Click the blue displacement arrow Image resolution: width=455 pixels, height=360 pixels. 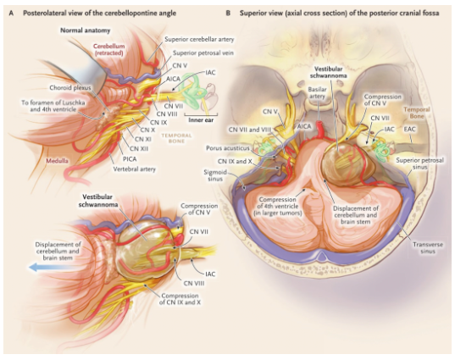pyautogui.click(x=50, y=267)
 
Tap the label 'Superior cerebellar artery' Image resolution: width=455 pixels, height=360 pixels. pyautogui.click(x=199, y=39)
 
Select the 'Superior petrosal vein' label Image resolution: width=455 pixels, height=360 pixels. pyautogui.click(x=203, y=53)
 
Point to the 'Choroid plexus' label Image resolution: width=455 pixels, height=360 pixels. pyautogui.click(x=70, y=87)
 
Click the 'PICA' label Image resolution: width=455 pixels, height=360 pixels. pyautogui.click(x=130, y=159)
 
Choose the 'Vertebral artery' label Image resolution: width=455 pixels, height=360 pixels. pyautogui.click(x=135, y=169)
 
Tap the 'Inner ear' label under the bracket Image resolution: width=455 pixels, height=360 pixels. pyautogui.click(x=201, y=120)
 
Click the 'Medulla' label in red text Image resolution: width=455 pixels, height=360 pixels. pyautogui.click(x=57, y=160)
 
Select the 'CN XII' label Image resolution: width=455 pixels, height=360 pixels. pyautogui.click(x=139, y=148)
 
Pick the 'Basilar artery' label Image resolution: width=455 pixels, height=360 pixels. pyautogui.click(x=317, y=92)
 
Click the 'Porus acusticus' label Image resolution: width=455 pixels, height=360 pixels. pyautogui.click(x=227, y=148)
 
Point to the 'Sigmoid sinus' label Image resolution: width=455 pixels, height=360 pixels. pyautogui.click(x=215, y=175)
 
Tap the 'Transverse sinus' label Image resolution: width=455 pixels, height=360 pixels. pyautogui.click(x=428, y=248)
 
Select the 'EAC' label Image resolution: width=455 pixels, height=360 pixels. pyautogui.click(x=410, y=129)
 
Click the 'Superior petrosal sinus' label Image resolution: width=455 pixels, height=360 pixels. pyautogui.click(x=420, y=163)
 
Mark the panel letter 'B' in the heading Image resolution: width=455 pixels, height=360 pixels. pyautogui.click(x=229, y=13)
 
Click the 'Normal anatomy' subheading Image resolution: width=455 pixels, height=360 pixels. pyautogui.click(x=86, y=30)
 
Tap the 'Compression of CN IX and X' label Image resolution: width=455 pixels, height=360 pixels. pyautogui.click(x=180, y=299)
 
